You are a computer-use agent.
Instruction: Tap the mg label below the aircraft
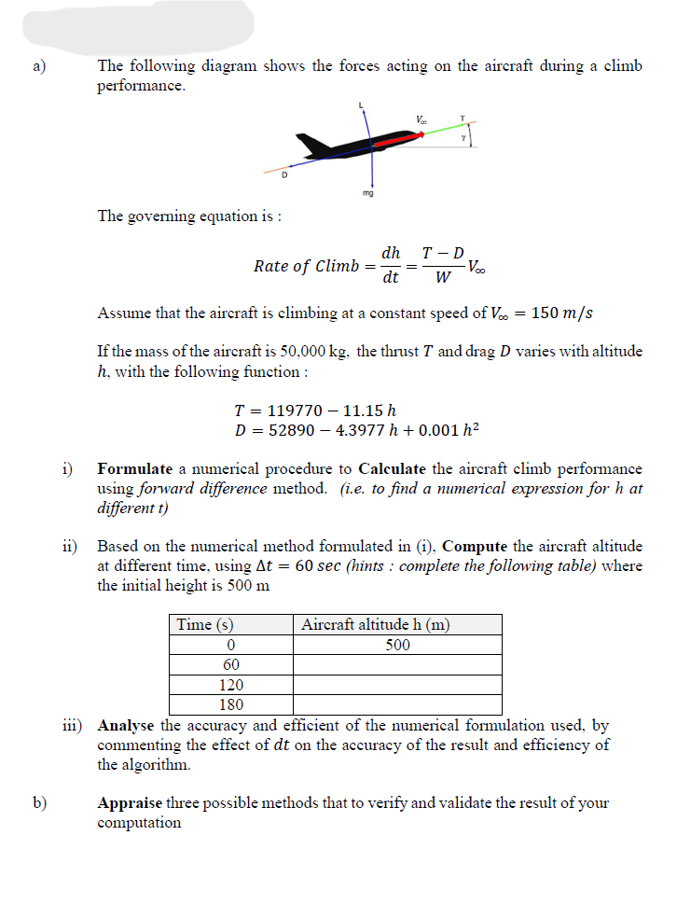pyautogui.click(x=369, y=194)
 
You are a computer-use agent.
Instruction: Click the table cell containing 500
pyautogui.click(x=398, y=645)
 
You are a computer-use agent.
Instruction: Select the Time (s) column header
pyautogui.click(x=205, y=624)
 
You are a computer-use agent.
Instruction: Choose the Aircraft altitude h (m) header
pyautogui.click(x=376, y=624)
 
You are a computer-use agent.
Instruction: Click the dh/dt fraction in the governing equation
pyautogui.click(x=392, y=265)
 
